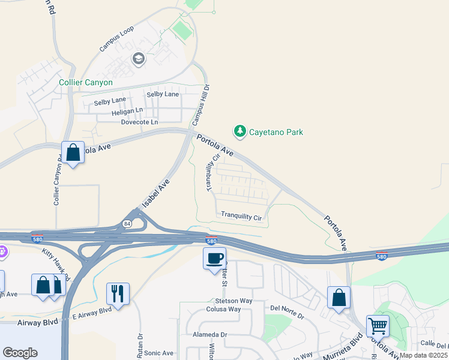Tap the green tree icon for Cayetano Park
click(x=240, y=131)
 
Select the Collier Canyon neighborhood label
click(x=86, y=82)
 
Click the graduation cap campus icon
click(x=139, y=58)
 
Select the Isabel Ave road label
click(x=155, y=193)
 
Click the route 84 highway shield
click(x=127, y=224)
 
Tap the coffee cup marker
click(x=214, y=259)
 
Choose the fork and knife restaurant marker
click(x=117, y=293)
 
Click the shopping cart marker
click(x=378, y=326)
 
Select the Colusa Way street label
click(x=225, y=310)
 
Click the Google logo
click(x=20, y=352)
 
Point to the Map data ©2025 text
click(x=423, y=355)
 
